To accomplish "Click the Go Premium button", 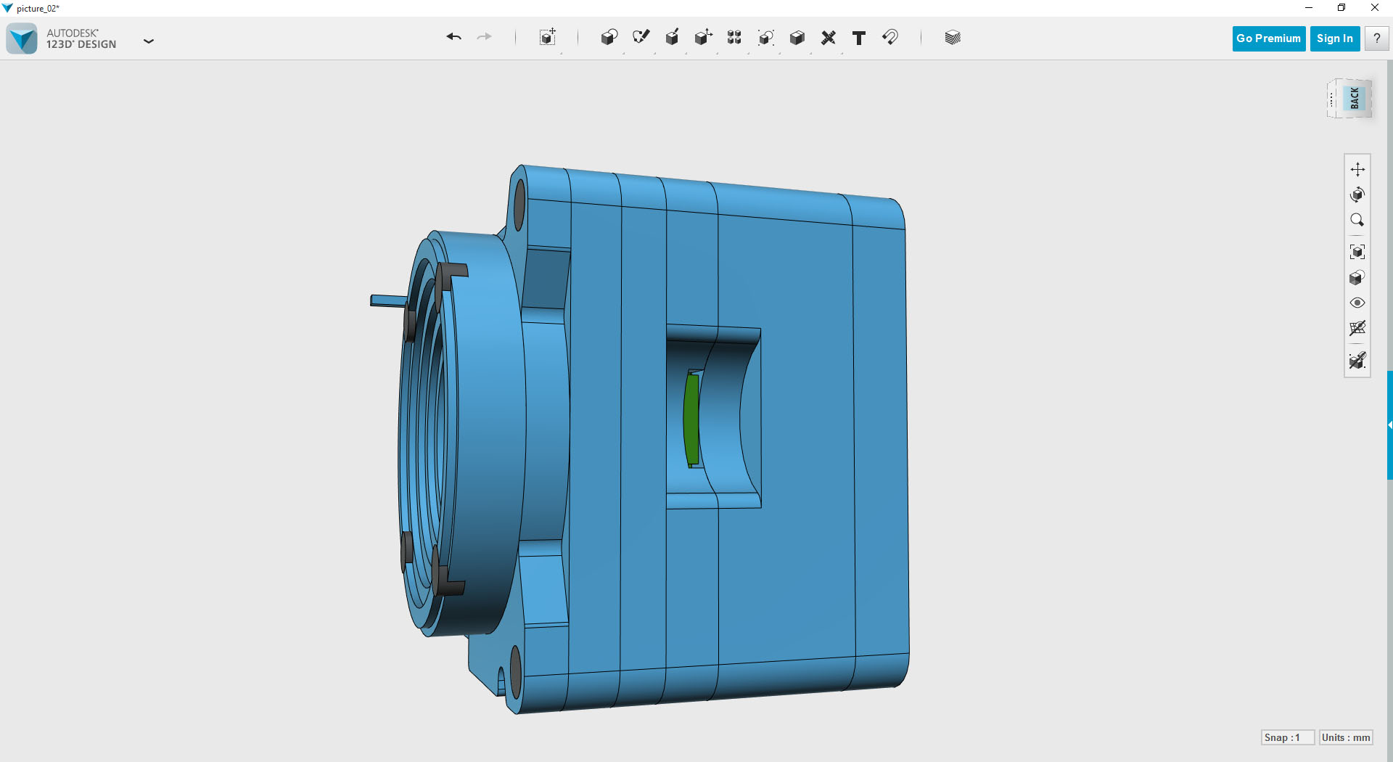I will [x=1268, y=38].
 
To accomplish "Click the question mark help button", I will [x=1376, y=38].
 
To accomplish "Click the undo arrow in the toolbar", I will [x=454, y=37].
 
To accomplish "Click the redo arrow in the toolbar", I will [x=484, y=37].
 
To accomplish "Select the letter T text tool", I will [x=859, y=38].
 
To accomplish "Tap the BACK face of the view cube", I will [x=1354, y=98].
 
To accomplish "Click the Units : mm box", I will [x=1346, y=737].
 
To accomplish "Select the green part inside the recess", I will [x=691, y=419].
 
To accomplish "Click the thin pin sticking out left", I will [x=387, y=300].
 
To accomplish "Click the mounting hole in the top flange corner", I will [x=519, y=205].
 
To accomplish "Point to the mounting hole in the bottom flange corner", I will [x=516, y=673].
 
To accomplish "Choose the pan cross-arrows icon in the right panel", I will [x=1357, y=169].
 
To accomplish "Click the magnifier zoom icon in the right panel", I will [x=1357, y=220].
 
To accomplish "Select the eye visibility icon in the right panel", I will [x=1357, y=303].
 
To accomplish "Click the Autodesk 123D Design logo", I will [x=22, y=38].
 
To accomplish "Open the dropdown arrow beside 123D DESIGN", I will [x=149, y=41].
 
